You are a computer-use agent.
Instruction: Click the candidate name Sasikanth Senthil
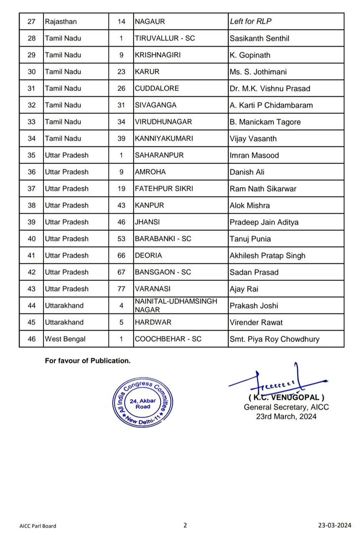[259, 38]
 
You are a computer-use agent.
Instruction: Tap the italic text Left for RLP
[251, 21]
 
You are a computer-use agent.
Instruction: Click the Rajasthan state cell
[61, 21]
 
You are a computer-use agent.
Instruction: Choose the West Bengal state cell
[65, 339]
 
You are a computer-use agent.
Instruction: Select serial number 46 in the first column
[32, 339]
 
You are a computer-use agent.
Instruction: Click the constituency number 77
[121, 289]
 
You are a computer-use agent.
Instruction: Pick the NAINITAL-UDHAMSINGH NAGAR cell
[176, 306]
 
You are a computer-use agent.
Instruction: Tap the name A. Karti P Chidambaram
[271, 105]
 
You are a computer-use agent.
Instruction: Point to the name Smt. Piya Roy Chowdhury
[274, 339]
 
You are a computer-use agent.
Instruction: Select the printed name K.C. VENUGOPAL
[286, 397]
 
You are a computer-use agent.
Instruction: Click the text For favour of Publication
[88, 361]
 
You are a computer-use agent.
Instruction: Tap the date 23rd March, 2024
[286, 416]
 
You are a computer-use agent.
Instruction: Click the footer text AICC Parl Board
[38, 526]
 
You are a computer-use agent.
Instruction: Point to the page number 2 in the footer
[185, 525]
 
